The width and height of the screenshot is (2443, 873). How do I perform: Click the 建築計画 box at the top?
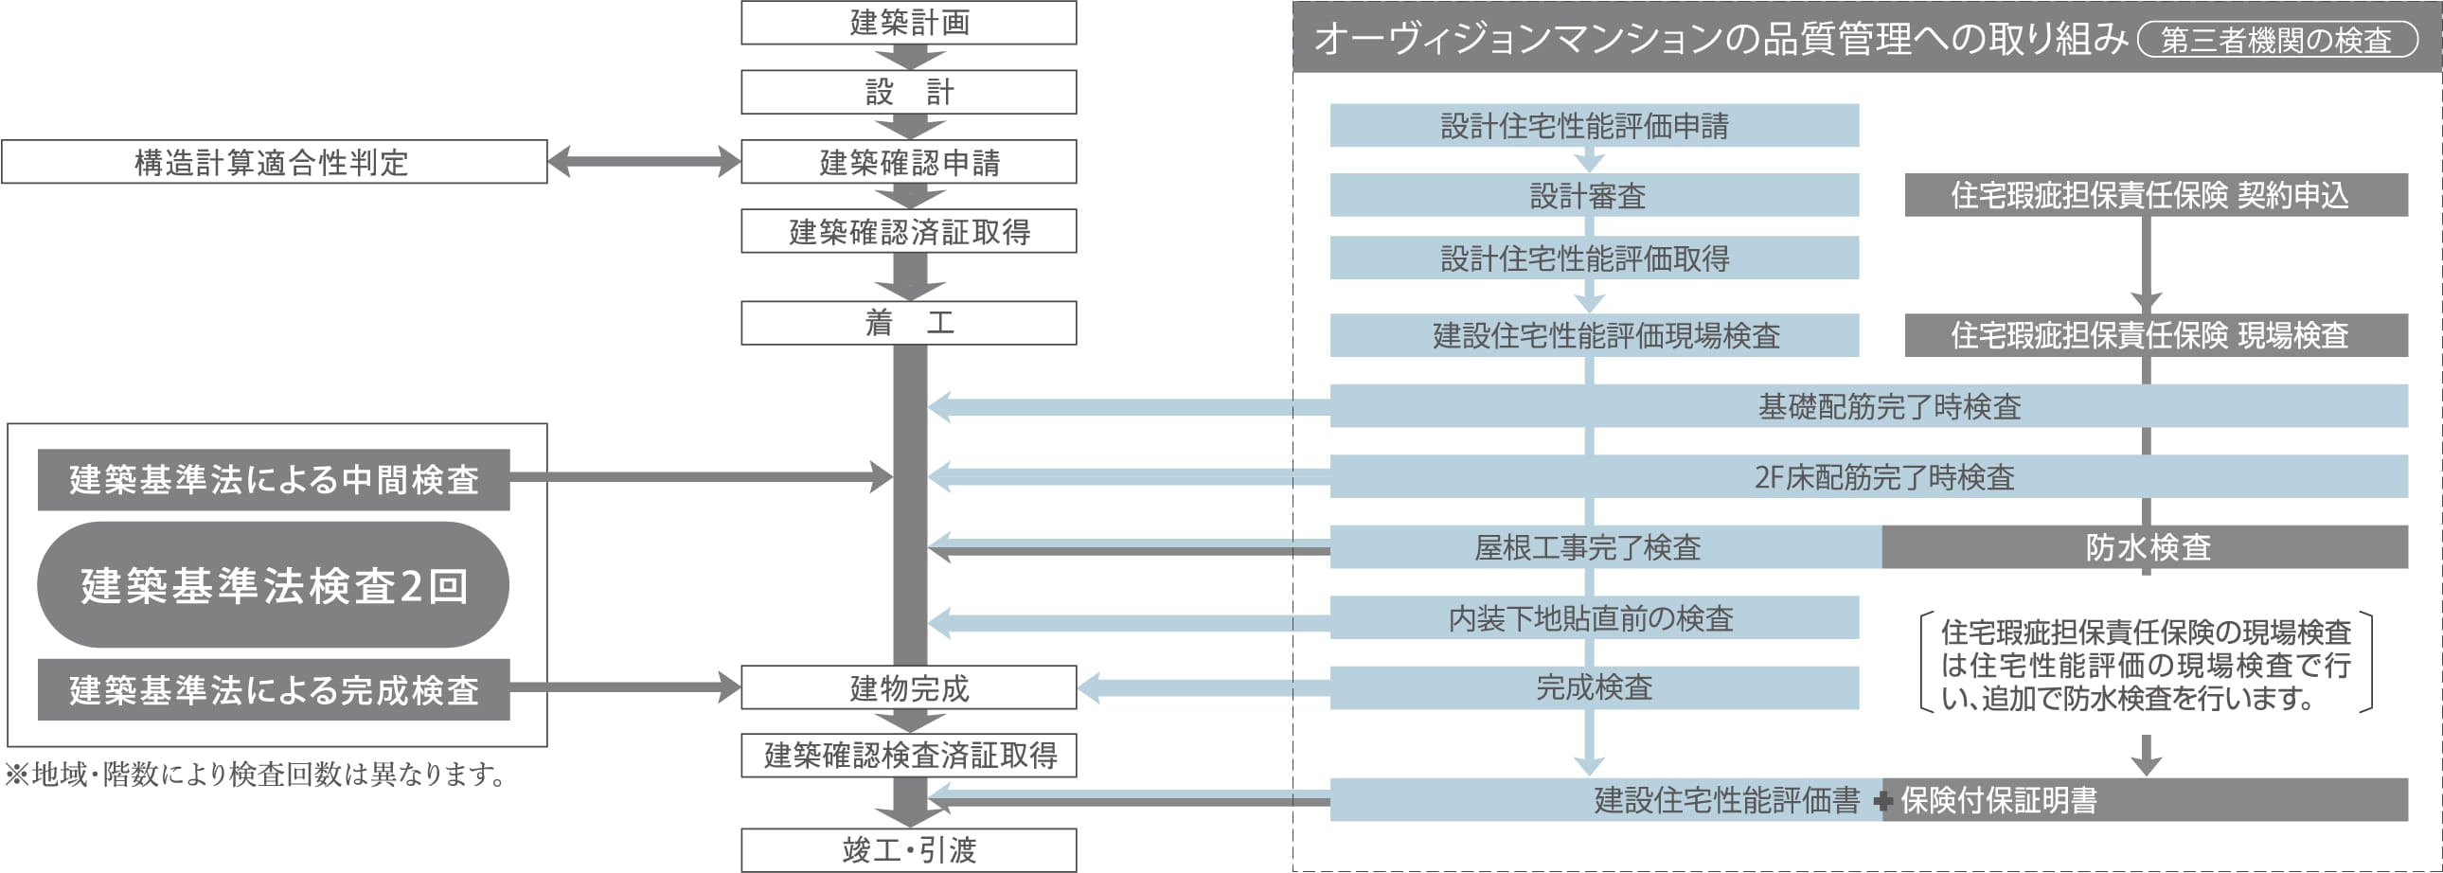pos(908,23)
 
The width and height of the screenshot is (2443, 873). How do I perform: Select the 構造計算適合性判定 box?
pos(274,162)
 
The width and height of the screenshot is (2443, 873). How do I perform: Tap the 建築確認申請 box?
pos(908,162)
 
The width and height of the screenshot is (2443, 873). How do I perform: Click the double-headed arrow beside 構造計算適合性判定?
pos(644,161)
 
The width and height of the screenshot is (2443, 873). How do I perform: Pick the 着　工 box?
pos(908,323)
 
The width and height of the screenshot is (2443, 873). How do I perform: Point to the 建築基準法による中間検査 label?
pos(274,480)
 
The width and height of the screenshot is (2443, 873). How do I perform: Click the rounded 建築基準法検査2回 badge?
pos(273,585)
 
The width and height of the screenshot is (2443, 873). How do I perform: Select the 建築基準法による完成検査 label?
pos(274,690)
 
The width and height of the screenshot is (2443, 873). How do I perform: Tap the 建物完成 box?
pos(908,688)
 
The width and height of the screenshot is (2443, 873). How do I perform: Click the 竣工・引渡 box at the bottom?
pos(908,850)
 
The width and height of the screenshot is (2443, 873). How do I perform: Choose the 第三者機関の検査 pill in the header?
pos(2277,40)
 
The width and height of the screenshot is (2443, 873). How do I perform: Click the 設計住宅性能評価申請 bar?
pos(1594,126)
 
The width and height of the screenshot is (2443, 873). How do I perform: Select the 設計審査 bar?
pos(1594,195)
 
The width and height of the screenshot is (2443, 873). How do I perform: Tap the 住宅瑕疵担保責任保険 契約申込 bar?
pos(2156,195)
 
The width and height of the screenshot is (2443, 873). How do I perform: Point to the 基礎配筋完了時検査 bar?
pos(1887,406)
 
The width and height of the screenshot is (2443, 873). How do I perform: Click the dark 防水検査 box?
pos(2146,547)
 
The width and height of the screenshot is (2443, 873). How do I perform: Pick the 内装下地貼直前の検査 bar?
pos(1594,618)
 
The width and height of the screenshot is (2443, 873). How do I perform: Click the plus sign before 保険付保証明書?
pos(1883,802)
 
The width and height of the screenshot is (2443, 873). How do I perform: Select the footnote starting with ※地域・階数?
pos(256,775)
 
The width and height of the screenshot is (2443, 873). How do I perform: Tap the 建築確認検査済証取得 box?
pos(908,756)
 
